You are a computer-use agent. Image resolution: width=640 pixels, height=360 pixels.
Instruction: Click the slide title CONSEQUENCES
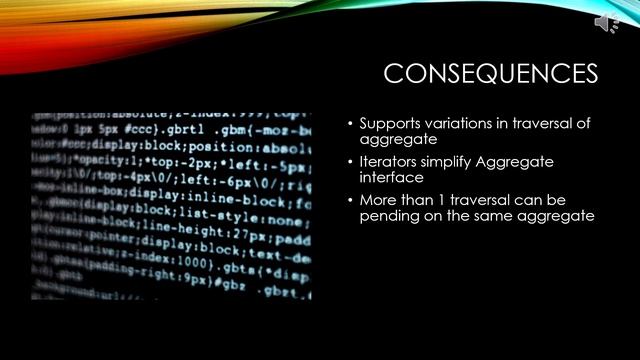pyautogui.click(x=491, y=74)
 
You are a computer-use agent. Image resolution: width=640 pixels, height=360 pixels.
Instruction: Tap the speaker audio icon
pyautogui.click(x=607, y=23)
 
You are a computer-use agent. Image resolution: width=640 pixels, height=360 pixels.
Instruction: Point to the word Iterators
pyautogui.click(x=389, y=161)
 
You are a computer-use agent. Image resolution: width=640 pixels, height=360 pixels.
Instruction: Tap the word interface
pyautogui.click(x=391, y=177)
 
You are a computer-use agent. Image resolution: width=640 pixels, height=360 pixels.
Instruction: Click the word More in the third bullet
pyautogui.click(x=379, y=199)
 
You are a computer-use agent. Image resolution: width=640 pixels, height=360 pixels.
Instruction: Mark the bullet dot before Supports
pyautogui.click(x=350, y=124)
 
